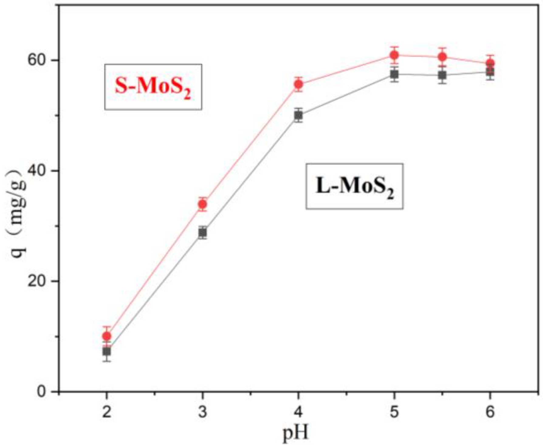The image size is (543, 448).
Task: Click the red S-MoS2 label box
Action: pos(153,87)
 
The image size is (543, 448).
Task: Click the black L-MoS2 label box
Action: pos(354,186)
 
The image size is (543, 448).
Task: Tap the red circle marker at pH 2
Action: pos(107,336)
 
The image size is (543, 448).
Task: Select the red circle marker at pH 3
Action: pos(203,204)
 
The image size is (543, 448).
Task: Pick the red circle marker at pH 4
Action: pos(299,84)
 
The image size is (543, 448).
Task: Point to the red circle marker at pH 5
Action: pos(394,55)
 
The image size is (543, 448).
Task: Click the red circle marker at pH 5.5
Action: pos(442,57)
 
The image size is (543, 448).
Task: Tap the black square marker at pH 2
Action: pos(107,352)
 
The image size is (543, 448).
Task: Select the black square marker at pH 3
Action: pos(203,233)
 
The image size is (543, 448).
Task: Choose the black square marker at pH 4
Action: pos(299,115)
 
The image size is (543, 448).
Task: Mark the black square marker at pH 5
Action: pos(394,74)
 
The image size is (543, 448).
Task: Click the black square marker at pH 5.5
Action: pos(442,75)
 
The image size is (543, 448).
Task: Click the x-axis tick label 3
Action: pos(203,412)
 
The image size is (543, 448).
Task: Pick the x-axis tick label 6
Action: pos(490,412)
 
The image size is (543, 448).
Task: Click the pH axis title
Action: pos(295,433)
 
